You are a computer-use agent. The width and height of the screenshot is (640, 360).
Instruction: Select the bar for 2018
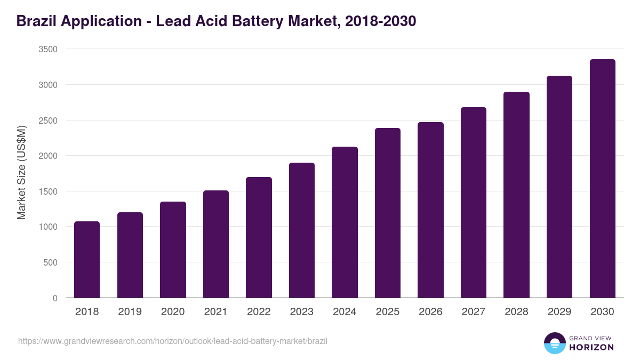click(87, 260)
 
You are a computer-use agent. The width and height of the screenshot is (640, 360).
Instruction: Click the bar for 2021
click(216, 244)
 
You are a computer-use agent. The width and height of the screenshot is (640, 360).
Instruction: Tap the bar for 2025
click(388, 213)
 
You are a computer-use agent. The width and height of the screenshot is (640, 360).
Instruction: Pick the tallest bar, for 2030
click(602, 179)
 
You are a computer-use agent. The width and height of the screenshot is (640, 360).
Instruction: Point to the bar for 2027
click(474, 203)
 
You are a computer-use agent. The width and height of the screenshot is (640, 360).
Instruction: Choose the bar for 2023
click(302, 230)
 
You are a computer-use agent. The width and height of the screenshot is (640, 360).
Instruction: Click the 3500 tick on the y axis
click(48, 49)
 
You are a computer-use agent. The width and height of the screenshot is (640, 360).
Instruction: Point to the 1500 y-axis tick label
click(48, 191)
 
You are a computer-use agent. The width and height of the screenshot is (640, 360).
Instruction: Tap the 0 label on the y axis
click(55, 298)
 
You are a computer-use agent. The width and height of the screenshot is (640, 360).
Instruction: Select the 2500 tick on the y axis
click(48, 121)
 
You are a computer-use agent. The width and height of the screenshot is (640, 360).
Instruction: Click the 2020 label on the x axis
click(173, 312)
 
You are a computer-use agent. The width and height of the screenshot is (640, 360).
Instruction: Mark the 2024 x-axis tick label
click(345, 312)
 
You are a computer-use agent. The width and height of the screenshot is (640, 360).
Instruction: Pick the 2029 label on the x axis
click(559, 312)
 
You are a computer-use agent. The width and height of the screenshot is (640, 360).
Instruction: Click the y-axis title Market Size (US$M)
click(21, 173)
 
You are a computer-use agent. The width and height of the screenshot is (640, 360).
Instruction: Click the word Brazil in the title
click(37, 21)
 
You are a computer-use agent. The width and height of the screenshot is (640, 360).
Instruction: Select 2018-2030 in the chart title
click(380, 21)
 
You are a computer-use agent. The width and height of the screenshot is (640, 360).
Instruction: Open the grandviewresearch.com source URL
click(173, 341)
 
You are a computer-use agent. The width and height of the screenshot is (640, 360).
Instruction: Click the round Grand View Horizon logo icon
click(555, 343)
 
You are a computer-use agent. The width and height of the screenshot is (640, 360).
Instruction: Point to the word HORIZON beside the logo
click(591, 347)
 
